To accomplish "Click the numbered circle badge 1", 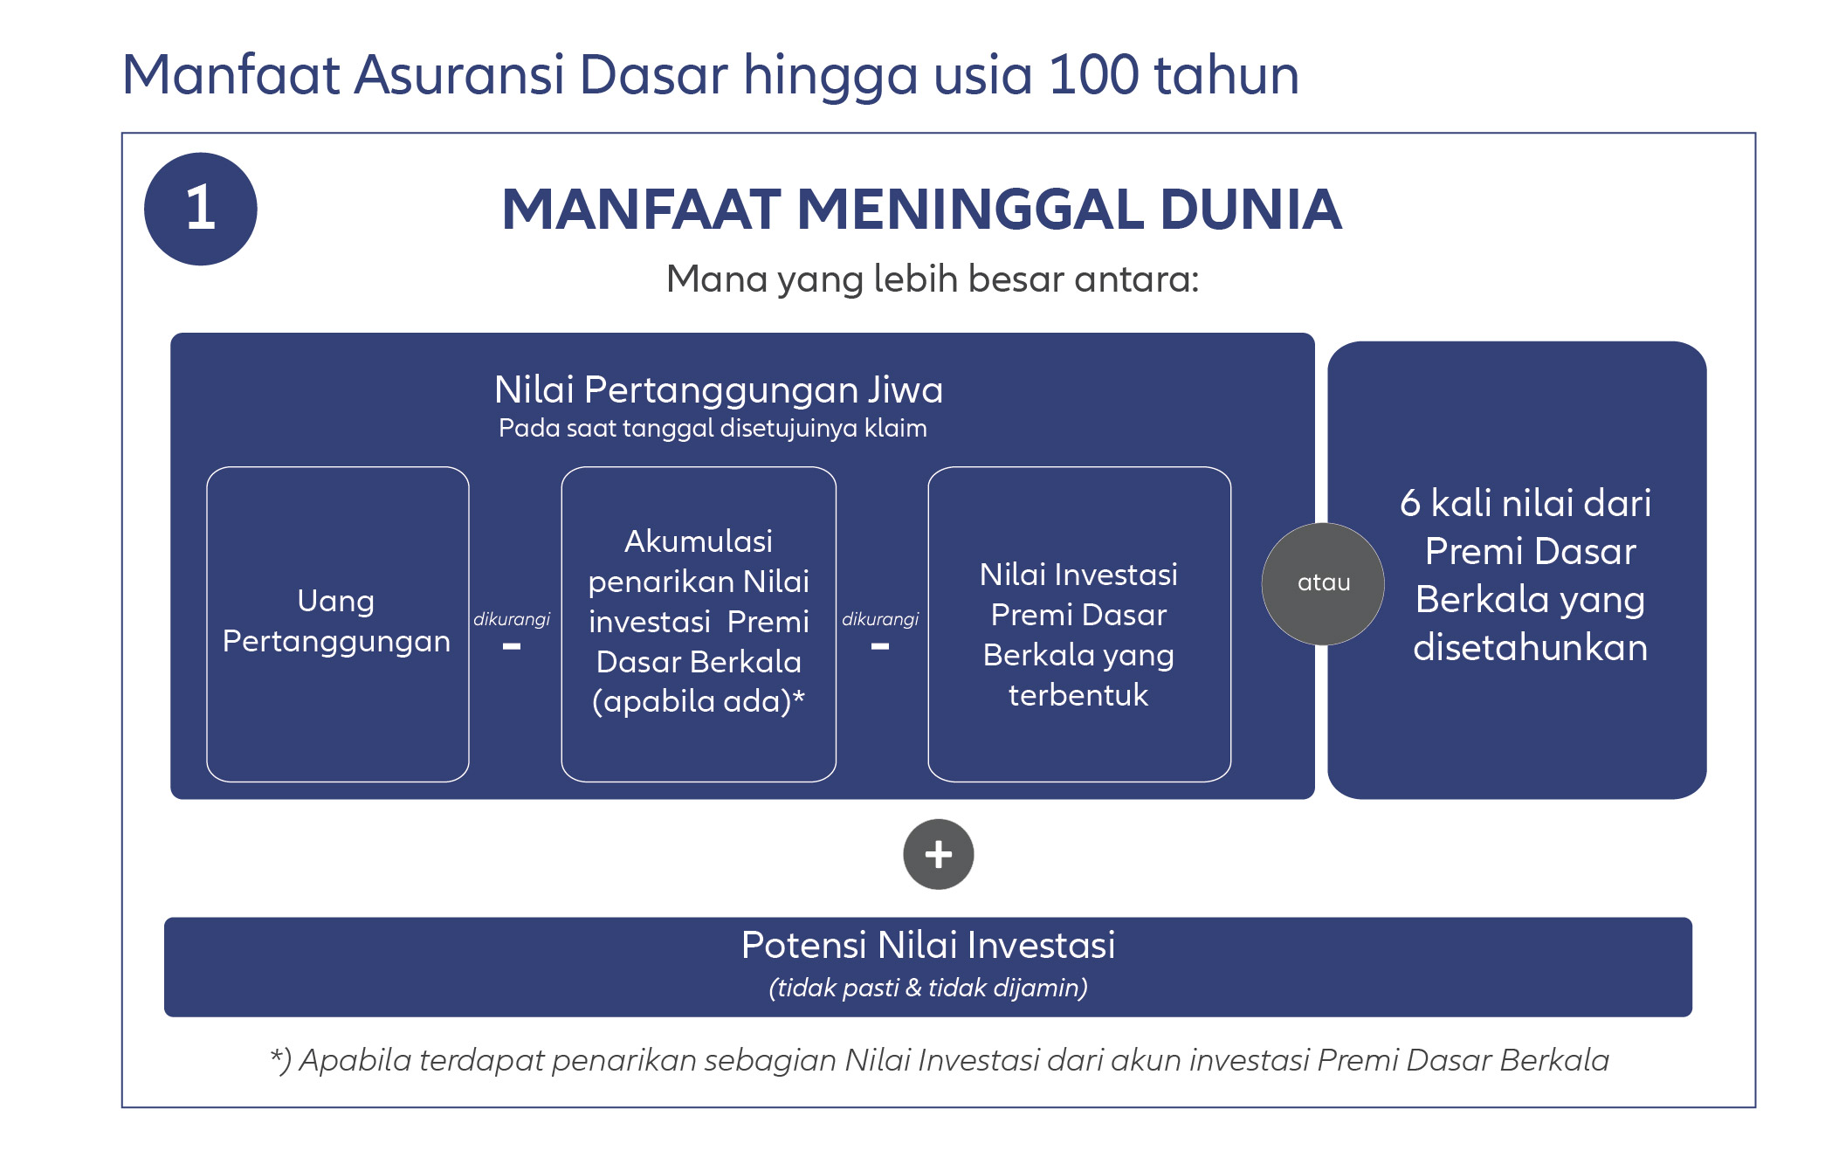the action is coord(201,209).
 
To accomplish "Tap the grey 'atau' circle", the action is coord(1323,583).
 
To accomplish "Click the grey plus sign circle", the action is coord(939,854).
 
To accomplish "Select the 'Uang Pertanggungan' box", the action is coord(338,623).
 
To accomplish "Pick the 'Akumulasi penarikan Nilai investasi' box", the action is coord(699,623).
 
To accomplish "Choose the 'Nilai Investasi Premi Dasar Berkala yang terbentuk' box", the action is coord(1079,623).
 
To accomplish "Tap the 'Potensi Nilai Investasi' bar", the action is coord(928,967).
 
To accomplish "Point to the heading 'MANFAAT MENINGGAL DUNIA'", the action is coord(921,210).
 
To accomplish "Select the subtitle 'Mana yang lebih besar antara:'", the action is coord(933,279).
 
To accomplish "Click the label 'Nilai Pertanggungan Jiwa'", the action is coord(719,389).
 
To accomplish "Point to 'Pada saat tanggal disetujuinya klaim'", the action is coord(713,428).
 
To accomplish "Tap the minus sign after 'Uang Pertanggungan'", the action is coord(512,647).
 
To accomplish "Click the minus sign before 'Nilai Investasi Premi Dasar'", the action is coord(880,647).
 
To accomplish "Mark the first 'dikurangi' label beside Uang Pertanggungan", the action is coord(512,619).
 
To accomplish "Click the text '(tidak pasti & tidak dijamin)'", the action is coord(928,988).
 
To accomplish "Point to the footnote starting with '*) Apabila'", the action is coord(940,1060).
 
